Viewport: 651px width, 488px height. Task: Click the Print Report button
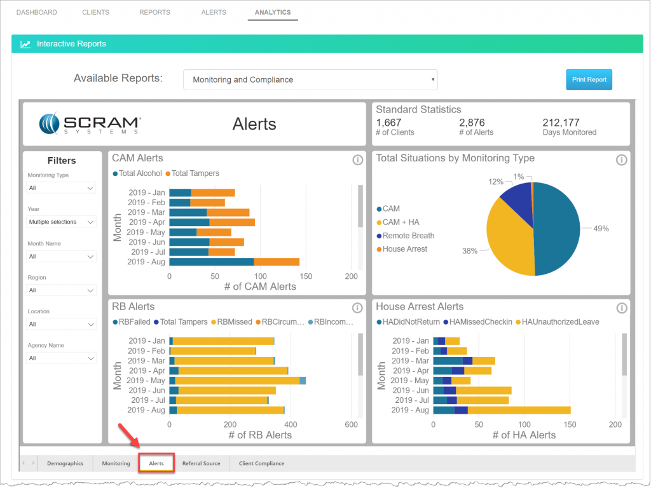(589, 79)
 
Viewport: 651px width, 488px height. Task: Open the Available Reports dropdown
(310, 79)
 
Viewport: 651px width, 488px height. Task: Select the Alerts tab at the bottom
(156, 463)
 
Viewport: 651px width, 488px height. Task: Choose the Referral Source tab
(201, 463)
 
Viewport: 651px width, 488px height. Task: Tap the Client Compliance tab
(261, 463)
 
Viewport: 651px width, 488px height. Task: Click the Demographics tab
(65, 463)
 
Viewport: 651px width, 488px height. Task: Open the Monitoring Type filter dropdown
(61, 188)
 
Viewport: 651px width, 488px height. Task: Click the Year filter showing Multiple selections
(61, 222)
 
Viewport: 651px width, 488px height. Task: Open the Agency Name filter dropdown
(61, 358)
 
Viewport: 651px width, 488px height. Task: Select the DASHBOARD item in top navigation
(36, 12)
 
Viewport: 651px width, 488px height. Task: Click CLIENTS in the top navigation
(95, 12)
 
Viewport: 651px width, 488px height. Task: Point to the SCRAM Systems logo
(90, 124)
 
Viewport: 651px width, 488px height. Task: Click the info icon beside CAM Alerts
(357, 159)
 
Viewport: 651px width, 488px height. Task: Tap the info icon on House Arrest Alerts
(622, 308)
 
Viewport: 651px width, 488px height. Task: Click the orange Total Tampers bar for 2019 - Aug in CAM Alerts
(277, 262)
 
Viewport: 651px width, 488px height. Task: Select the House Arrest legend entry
(404, 249)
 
